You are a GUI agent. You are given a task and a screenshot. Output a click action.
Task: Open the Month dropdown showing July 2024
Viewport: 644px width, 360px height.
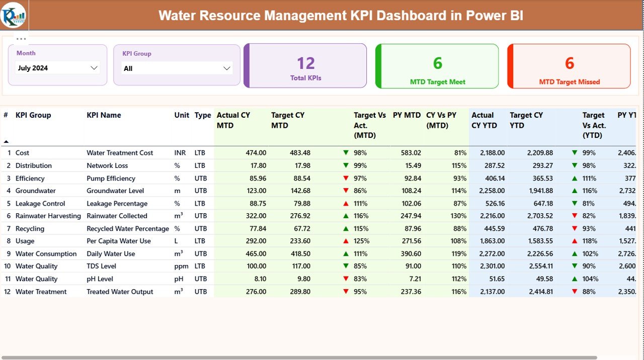57,68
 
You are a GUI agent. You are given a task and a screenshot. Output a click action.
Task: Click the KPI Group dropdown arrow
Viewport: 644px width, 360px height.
226,68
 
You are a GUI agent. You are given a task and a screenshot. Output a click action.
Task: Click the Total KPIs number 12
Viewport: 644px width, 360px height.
305,63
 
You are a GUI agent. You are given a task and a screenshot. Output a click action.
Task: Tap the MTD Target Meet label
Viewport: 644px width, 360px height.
437,82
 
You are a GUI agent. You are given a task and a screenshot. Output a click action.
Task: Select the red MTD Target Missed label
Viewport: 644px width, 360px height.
569,82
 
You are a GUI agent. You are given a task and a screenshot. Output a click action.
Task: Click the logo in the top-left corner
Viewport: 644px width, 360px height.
14,15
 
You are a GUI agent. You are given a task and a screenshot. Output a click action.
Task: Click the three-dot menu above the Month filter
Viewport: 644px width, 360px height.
21,39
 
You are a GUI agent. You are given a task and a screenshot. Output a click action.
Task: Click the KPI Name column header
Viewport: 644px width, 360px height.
104,115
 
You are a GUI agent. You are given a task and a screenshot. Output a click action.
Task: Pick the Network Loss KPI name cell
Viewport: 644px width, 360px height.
107,165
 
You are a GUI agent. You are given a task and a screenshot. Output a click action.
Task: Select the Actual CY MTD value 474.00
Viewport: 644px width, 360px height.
256,153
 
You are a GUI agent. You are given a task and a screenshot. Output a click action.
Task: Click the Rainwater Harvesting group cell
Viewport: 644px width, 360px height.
48,216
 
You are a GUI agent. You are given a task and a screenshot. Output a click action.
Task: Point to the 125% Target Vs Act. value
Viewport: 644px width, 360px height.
360,241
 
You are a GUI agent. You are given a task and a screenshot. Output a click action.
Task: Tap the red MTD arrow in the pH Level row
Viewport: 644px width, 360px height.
346,279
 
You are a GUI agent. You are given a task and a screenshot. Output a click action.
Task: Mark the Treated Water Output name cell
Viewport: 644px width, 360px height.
120,292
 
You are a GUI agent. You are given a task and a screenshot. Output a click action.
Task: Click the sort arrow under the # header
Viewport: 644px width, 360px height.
6,142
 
